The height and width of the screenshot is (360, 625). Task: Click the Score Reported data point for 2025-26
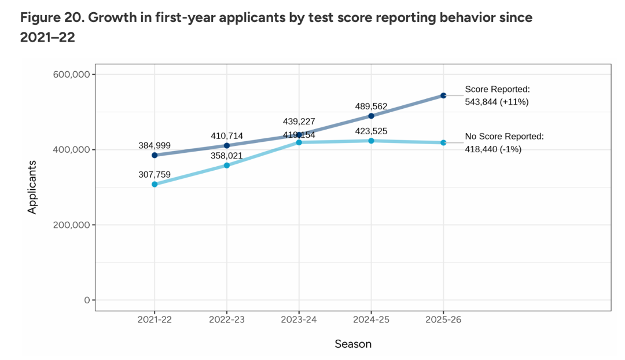[x=443, y=95]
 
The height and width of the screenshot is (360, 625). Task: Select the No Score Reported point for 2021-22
[x=155, y=184]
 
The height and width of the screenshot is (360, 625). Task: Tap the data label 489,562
[x=371, y=106]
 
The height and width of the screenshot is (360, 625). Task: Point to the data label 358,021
[x=227, y=156]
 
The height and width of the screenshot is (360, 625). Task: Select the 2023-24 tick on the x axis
[x=299, y=319]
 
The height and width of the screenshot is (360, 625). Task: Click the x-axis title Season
[x=353, y=344]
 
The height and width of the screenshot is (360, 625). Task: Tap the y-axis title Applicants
[x=32, y=187]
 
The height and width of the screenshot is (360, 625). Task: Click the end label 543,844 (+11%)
[x=497, y=102]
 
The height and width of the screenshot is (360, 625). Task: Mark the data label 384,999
[x=155, y=146]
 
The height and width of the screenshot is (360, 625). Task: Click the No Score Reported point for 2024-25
[x=371, y=141]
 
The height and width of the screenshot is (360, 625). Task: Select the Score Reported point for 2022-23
[x=227, y=146]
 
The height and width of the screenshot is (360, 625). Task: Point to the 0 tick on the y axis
[x=86, y=300]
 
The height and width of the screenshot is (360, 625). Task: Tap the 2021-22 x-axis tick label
[x=155, y=319]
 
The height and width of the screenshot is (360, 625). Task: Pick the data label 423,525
[x=371, y=131]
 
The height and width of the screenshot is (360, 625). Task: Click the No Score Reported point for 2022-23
[x=227, y=166]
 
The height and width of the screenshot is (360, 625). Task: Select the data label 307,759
[x=155, y=174]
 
